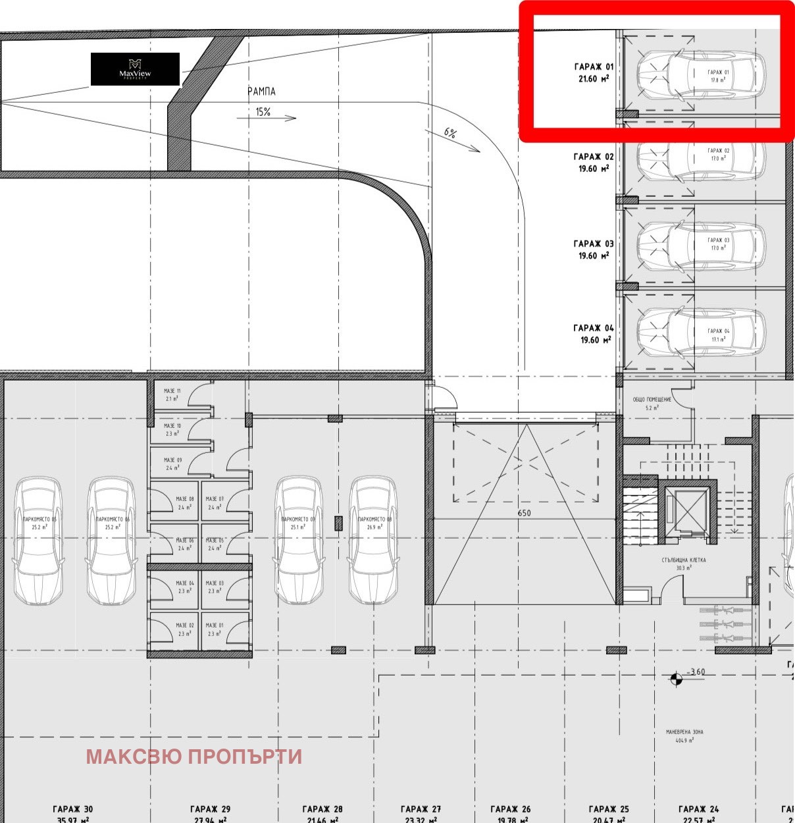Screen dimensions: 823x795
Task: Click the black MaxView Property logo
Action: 135,69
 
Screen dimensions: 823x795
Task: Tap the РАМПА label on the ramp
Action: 261,92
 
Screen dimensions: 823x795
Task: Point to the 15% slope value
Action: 263,112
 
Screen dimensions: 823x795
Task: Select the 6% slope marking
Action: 450,132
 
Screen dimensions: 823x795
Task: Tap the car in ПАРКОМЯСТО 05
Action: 39,540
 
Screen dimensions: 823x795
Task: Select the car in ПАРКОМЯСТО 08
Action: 373,540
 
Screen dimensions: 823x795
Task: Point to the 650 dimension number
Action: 524,513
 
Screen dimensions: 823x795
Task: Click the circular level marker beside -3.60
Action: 676,679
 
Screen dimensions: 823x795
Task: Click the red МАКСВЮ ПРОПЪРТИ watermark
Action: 193,757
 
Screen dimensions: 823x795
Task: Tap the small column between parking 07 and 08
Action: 338,523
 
